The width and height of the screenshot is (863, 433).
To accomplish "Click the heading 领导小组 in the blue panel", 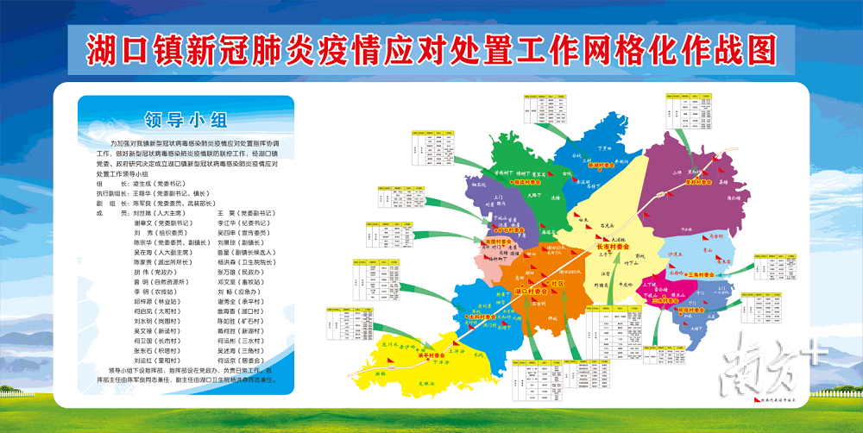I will coord(186,118).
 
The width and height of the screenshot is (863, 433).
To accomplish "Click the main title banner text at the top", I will coord(431,49).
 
